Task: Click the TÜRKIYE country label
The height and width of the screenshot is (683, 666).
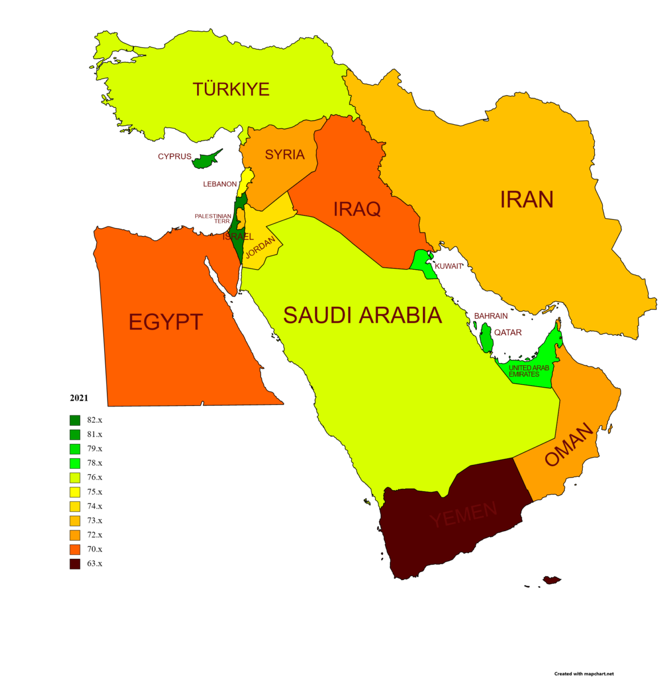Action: [x=231, y=89]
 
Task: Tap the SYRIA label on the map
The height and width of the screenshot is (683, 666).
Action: [x=285, y=155]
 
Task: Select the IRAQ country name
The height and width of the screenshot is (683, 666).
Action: [x=357, y=209]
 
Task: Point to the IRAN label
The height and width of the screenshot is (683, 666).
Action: [x=527, y=200]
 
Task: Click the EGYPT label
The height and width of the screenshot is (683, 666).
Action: [x=165, y=322]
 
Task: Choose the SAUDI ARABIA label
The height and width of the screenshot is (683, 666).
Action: [x=363, y=315]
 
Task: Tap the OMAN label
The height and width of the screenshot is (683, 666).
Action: [x=569, y=445]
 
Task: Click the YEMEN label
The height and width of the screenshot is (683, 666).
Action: [x=463, y=515]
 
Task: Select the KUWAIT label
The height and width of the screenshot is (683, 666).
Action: [x=449, y=266]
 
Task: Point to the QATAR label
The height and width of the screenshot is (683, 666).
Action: [x=508, y=332]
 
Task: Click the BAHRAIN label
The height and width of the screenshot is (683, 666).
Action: [x=491, y=316]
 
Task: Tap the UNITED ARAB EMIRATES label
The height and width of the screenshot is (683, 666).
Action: [x=528, y=371]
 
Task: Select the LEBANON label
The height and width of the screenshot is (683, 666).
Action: [x=220, y=184]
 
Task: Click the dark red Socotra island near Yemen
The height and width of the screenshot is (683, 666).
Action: [x=552, y=580]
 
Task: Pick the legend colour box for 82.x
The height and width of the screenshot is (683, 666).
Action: [x=75, y=421]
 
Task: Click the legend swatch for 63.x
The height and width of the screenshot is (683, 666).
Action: [x=75, y=564]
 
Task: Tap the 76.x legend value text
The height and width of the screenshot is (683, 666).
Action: [x=94, y=478]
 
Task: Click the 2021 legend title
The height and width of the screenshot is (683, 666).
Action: [x=79, y=398]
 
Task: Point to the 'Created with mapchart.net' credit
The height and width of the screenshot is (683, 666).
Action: [x=584, y=674]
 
